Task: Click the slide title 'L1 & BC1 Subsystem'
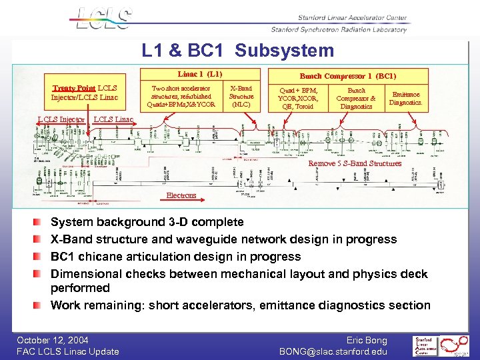pyautogui.click(x=237, y=51)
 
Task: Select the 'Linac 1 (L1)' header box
pyautogui.click(x=199, y=74)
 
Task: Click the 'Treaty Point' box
pyautogui.click(x=85, y=93)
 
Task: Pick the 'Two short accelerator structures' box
pyautogui.click(x=181, y=96)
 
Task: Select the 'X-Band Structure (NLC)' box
pyautogui.click(x=241, y=96)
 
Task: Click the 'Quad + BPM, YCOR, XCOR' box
pyautogui.click(x=298, y=98)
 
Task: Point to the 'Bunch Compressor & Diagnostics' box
pyautogui.click(x=356, y=98)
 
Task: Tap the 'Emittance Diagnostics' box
pyautogui.click(x=405, y=99)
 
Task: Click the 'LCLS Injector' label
pyautogui.click(x=61, y=120)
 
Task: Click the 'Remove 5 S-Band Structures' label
pyautogui.click(x=355, y=163)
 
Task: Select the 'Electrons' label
pyautogui.click(x=181, y=195)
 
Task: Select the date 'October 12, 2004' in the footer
pyautogui.click(x=53, y=340)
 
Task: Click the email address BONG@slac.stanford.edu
pyautogui.click(x=333, y=351)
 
